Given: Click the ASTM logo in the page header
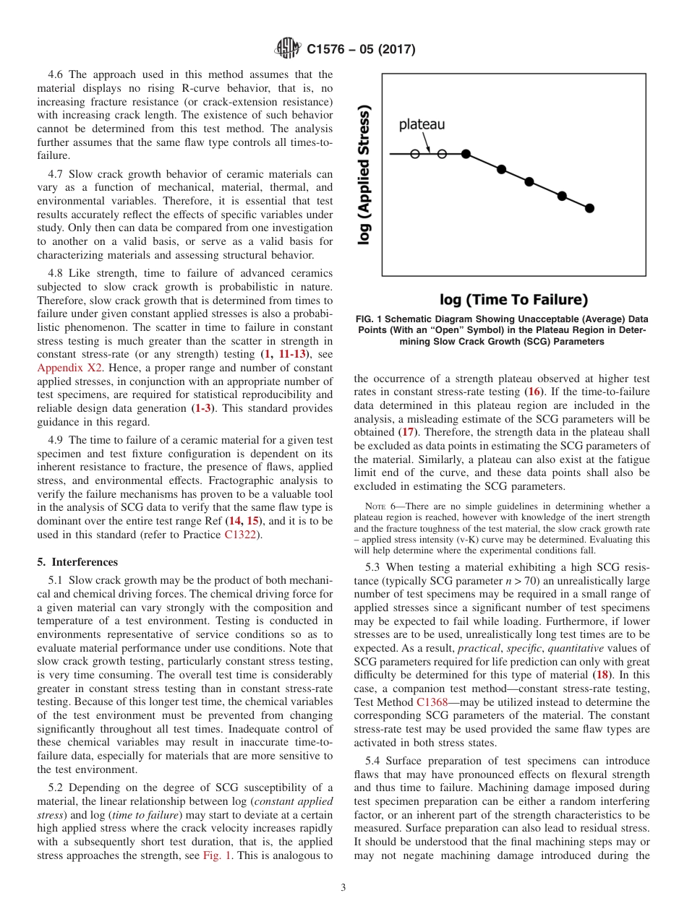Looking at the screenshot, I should click(288, 49).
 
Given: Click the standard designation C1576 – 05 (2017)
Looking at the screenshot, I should click(361, 50).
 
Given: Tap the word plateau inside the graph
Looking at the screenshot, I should click(422, 124).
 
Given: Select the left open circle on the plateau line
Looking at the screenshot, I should click(414, 154).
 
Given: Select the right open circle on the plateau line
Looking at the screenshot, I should click(442, 154).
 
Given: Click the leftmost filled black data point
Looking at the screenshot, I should click(466, 154).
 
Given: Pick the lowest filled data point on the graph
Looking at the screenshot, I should click(589, 208).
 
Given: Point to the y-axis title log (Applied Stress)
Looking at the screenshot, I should click(366, 176).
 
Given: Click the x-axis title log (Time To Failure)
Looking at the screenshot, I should click(513, 299).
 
